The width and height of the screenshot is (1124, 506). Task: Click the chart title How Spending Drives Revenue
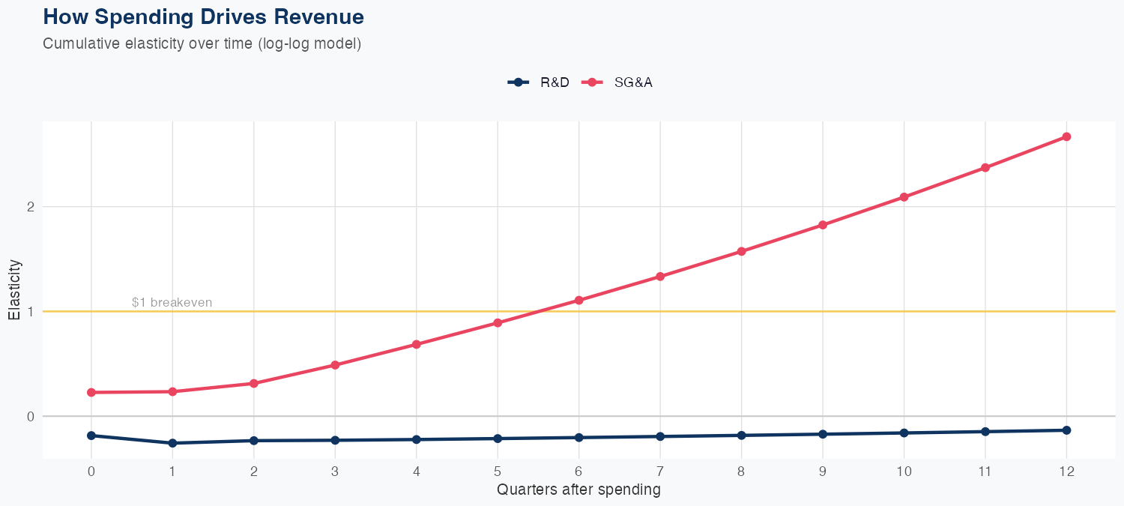click(x=203, y=16)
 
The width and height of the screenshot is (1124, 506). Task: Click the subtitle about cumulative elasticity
click(x=202, y=43)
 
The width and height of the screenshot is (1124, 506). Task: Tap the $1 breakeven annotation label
click(x=172, y=303)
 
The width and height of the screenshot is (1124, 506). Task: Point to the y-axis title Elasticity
click(x=14, y=289)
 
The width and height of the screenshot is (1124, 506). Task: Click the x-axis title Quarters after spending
click(x=578, y=490)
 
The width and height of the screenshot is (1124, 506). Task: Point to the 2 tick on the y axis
click(x=31, y=207)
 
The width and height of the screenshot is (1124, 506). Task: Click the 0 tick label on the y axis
click(x=31, y=416)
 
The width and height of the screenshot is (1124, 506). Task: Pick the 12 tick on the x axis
click(x=1066, y=472)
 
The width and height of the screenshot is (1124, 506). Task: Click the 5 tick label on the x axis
click(x=498, y=472)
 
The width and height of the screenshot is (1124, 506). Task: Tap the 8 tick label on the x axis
click(x=741, y=472)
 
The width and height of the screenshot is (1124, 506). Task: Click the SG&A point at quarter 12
click(x=1066, y=136)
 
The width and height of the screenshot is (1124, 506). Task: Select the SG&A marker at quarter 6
click(x=578, y=301)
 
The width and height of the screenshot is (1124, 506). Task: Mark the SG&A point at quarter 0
click(x=91, y=393)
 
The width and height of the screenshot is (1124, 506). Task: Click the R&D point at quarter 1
click(x=172, y=443)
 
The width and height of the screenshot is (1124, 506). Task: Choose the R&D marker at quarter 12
click(x=1066, y=430)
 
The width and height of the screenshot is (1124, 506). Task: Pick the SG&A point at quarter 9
click(x=823, y=225)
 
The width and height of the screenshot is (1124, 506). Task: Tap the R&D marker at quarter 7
click(x=660, y=436)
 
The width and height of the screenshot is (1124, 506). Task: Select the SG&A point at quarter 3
click(x=335, y=365)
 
